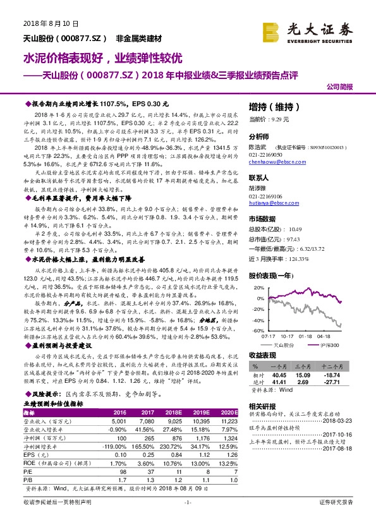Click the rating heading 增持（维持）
(x=276, y=106)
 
